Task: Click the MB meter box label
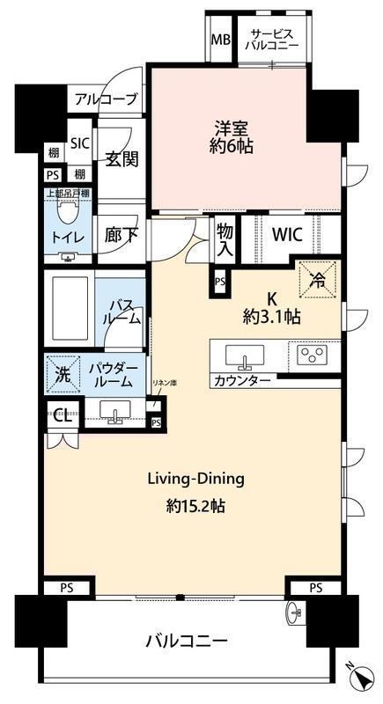pos(221,40)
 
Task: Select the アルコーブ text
pos(106,99)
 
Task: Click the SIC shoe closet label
pos(81,143)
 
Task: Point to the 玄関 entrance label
pos(122,159)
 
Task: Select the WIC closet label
pos(288,234)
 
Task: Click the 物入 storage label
pos(225,239)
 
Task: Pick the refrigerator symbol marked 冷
pos(318,279)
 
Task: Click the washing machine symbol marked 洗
pos(63,375)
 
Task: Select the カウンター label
pos(242,382)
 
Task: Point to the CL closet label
pos(63,416)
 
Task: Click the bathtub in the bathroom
pos(70,308)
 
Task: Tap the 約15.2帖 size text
pos(195,507)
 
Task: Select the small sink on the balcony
pos(294,611)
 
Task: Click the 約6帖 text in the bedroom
pos(231,147)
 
